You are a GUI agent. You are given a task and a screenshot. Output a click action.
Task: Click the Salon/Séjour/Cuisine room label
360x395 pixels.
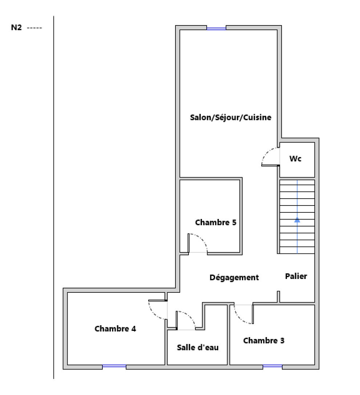pyautogui.click(x=231, y=117)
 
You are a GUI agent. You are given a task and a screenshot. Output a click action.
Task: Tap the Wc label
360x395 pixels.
pyautogui.click(x=296, y=159)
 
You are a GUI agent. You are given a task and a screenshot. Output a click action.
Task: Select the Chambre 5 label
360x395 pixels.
pyautogui.click(x=215, y=222)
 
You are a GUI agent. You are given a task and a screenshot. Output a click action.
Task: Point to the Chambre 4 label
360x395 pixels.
pyautogui.click(x=115, y=329)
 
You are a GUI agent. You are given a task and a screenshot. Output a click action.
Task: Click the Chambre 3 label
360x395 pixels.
pyautogui.click(x=264, y=341)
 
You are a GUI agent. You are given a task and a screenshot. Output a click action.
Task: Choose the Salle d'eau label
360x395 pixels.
pyautogui.click(x=198, y=347)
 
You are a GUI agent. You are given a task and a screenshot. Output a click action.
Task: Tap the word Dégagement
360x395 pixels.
pyautogui.click(x=234, y=278)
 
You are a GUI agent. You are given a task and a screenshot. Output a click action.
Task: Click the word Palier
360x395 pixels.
pyautogui.click(x=296, y=276)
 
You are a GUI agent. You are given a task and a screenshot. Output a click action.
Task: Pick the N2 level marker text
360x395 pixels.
pyautogui.click(x=16, y=28)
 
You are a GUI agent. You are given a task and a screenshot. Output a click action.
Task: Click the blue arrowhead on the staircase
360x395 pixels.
pyautogui.click(x=297, y=219)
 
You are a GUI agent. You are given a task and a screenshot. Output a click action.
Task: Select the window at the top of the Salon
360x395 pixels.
pyautogui.click(x=216, y=28)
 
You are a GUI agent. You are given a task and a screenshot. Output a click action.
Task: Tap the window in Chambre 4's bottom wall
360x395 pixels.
pyautogui.click(x=114, y=367)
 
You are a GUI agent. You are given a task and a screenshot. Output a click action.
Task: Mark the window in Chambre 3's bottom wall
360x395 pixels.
pyautogui.click(x=272, y=367)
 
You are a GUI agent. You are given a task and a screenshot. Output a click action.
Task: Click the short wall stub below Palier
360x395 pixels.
pyautogui.click(x=278, y=296)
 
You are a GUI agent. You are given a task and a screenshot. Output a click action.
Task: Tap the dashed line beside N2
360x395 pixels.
pyautogui.click(x=35, y=28)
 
